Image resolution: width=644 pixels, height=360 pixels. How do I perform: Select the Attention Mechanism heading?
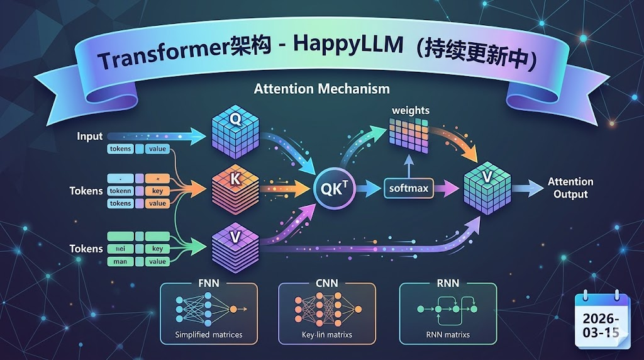pyautogui.click(x=321, y=89)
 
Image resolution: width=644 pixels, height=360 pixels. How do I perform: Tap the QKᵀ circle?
pyautogui.click(x=336, y=187)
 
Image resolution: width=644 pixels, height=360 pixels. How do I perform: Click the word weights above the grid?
pyautogui.click(x=410, y=110)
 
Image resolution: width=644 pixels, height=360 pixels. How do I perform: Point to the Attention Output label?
pyautogui.click(x=570, y=188)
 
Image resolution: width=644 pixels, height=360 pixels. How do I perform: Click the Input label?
pyautogui.click(x=90, y=136)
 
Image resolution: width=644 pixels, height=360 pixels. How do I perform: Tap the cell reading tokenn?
pyautogui.click(x=121, y=191)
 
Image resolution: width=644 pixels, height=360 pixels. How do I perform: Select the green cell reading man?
pyautogui.click(x=121, y=261)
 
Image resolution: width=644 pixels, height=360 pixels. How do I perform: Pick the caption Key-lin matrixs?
pyautogui.click(x=326, y=334)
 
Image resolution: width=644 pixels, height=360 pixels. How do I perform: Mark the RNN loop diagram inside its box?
pyautogui.click(x=447, y=308)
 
